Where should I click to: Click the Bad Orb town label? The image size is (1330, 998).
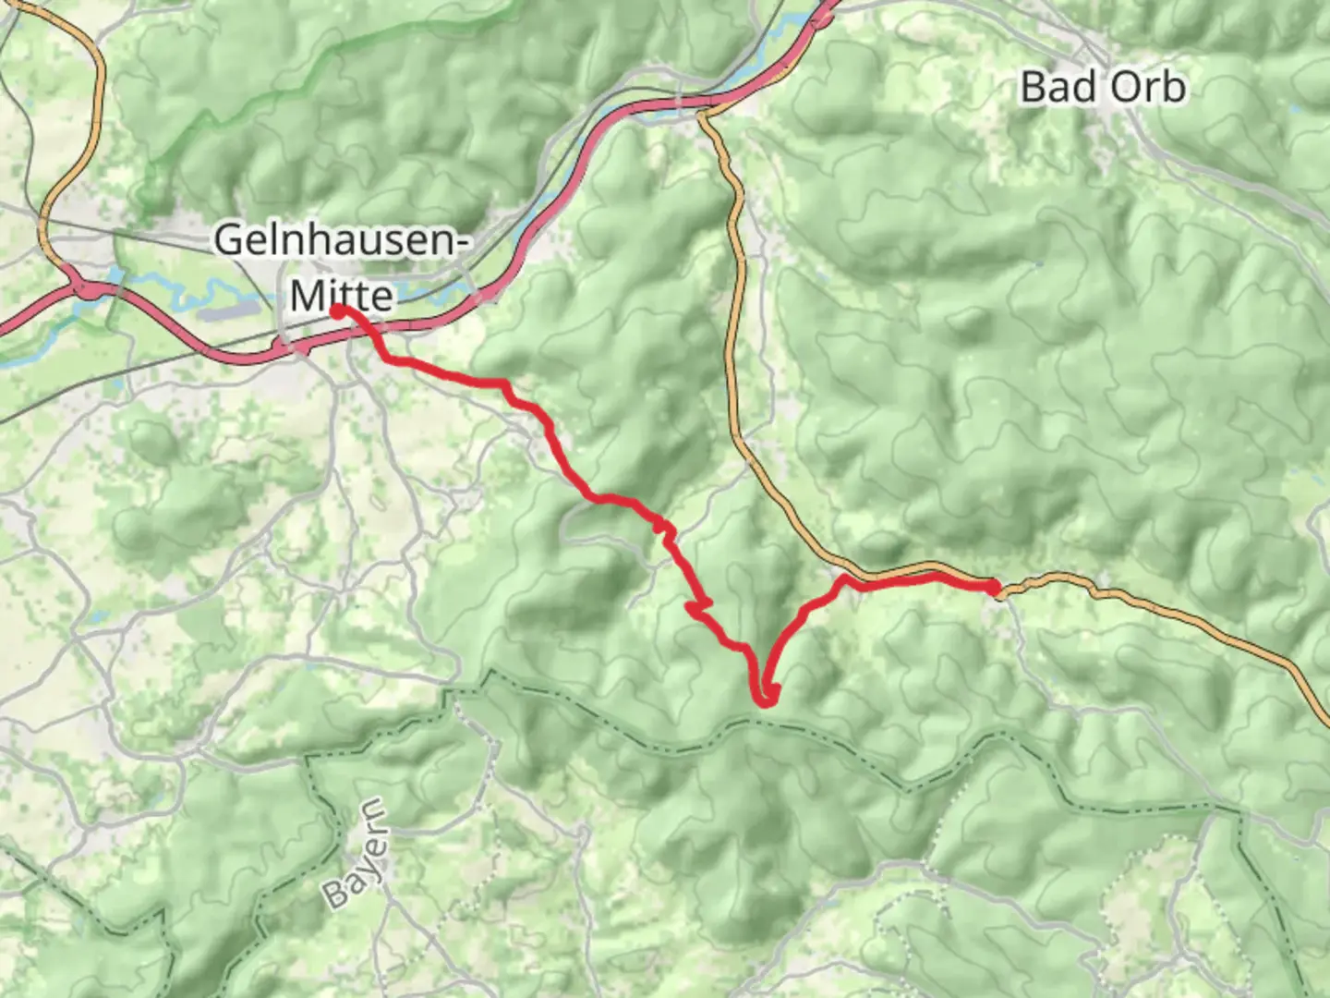click(1103, 87)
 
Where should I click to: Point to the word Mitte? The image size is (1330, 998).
click(342, 296)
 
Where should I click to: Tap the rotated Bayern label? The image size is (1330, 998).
click(356, 854)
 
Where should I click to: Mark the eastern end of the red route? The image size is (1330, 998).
click(994, 587)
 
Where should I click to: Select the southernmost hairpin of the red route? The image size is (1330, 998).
click(766, 700)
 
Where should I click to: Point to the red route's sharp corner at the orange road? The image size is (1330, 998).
click(843, 579)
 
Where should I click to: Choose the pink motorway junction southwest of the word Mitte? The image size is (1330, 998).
click(288, 350)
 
